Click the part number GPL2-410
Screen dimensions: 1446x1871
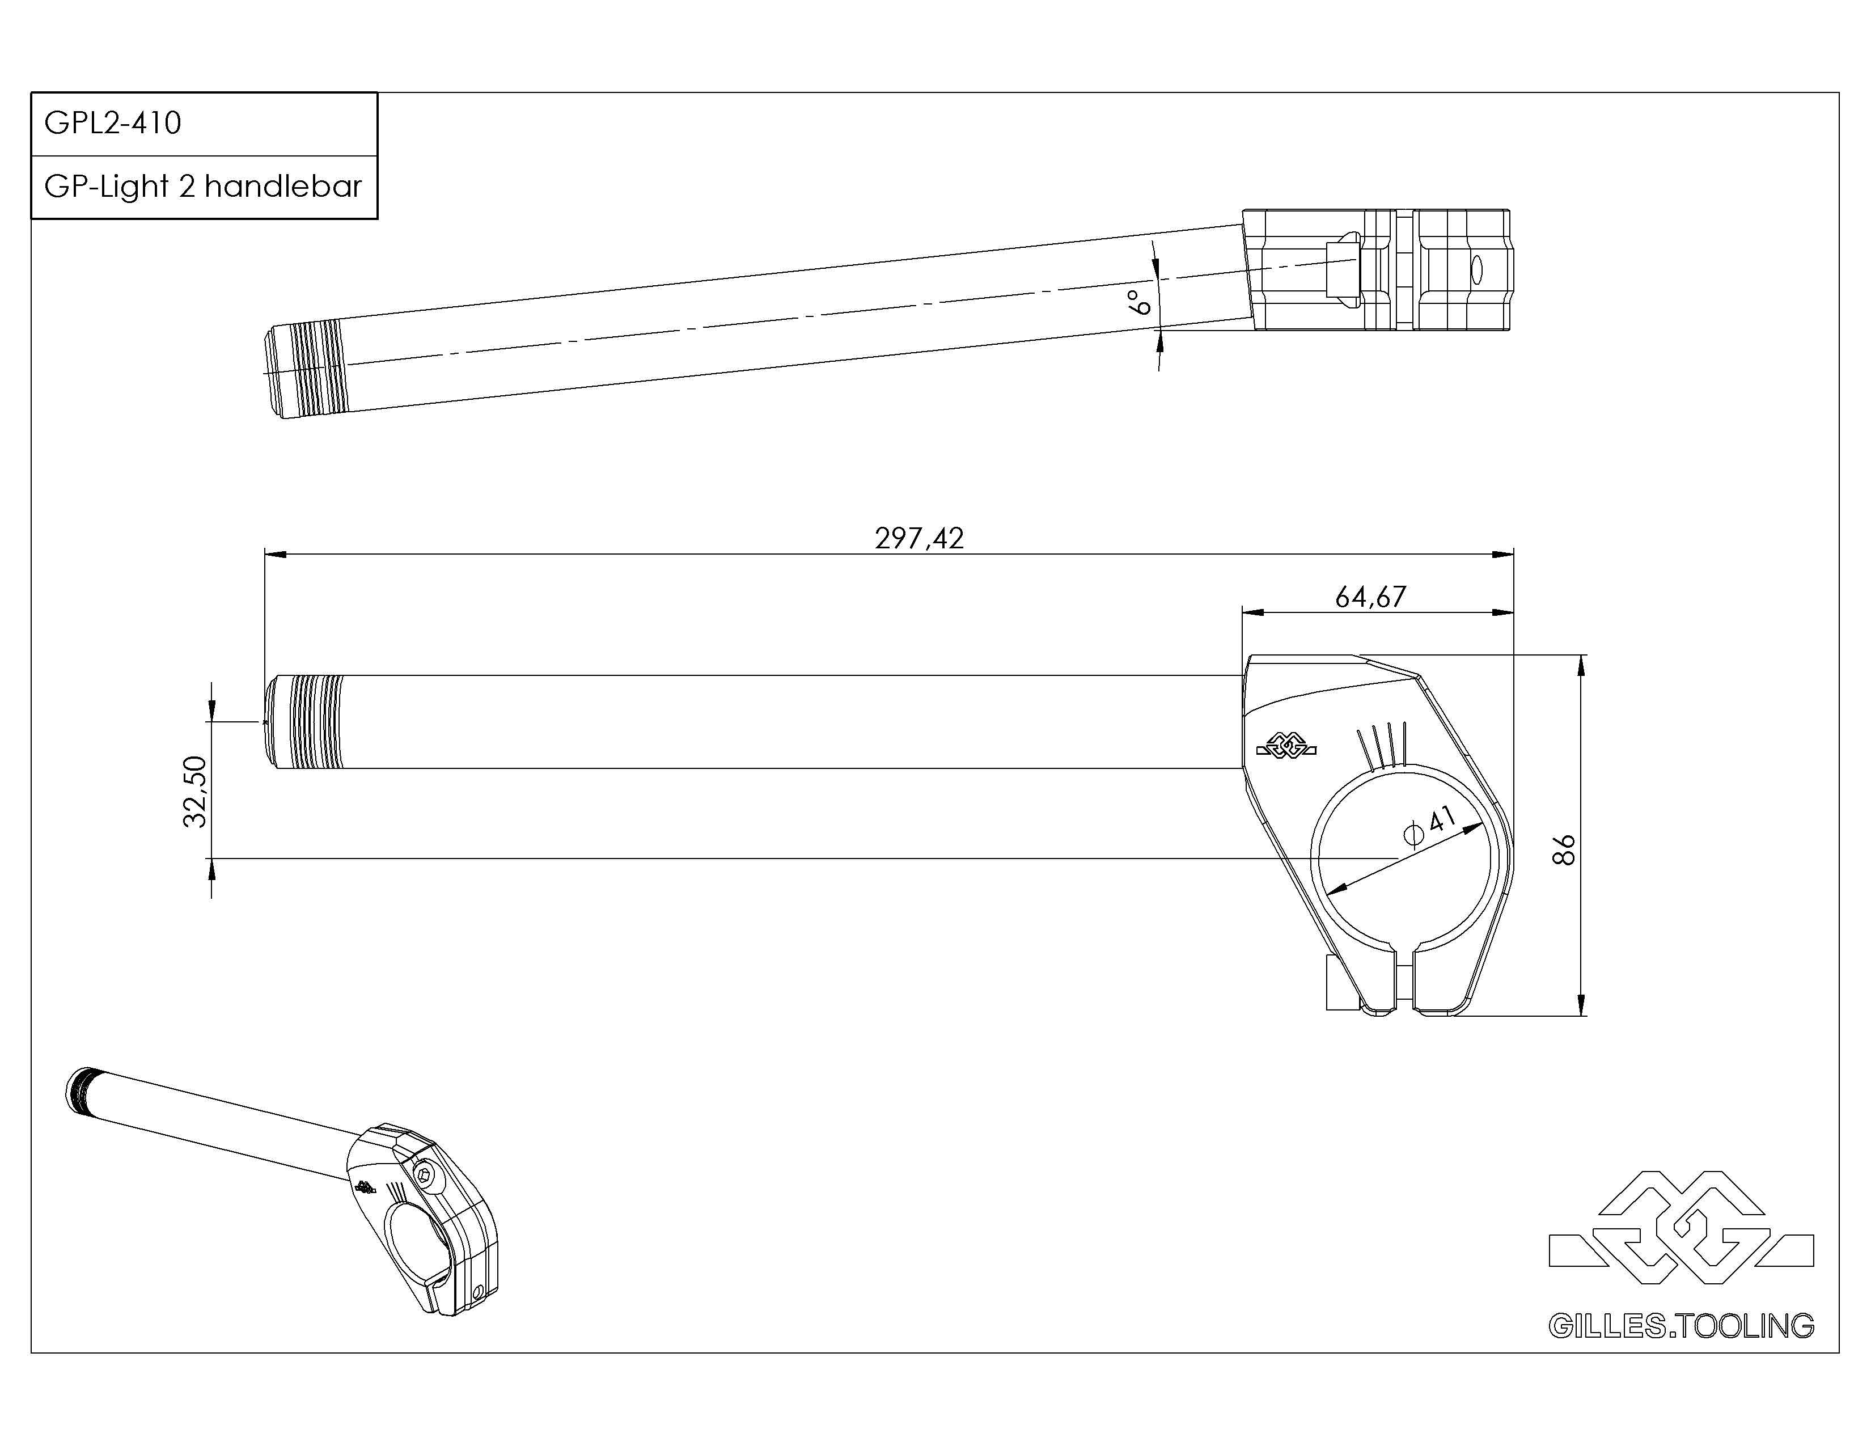coord(112,124)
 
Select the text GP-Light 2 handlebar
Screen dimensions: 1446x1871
coord(203,187)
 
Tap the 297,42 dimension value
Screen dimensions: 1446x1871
coord(918,538)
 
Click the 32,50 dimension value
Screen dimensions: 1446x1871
coord(196,792)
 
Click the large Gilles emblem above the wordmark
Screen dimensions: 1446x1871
coord(1681,1229)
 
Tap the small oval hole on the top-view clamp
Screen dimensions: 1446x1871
coord(1476,269)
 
